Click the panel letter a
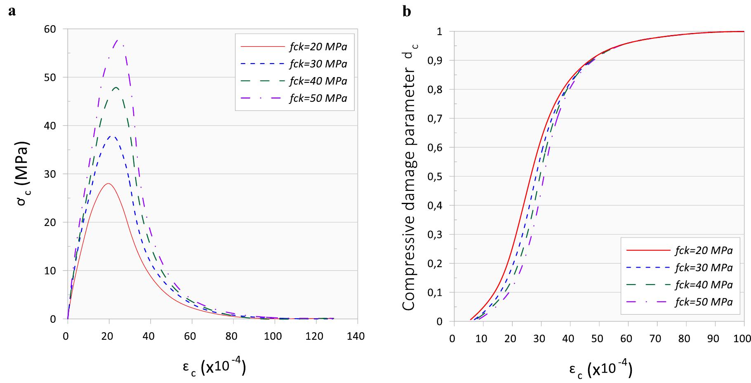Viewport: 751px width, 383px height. click(12, 12)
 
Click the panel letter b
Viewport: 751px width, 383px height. click(407, 12)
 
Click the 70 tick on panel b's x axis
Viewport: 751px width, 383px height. click(657, 339)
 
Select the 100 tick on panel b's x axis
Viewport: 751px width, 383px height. click(743, 339)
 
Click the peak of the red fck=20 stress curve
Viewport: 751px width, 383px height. click(108, 183)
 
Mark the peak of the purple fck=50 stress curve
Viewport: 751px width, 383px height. click(118, 40)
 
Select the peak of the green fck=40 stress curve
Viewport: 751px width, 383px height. click(116, 87)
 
